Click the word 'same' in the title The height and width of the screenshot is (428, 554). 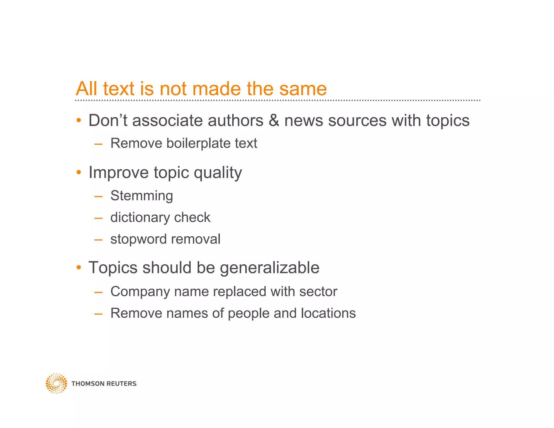tap(303, 89)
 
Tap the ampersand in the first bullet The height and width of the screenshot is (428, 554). tap(274, 120)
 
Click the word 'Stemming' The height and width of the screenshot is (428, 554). tap(141, 196)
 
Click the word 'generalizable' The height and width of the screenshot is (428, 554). tap(269, 268)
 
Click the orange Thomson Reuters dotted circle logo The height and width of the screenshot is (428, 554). tap(56, 383)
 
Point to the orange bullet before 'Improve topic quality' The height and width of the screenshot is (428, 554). tap(79, 172)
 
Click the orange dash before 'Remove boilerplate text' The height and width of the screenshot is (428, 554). tap(98, 144)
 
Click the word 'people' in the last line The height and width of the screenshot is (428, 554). tap(249, 314)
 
